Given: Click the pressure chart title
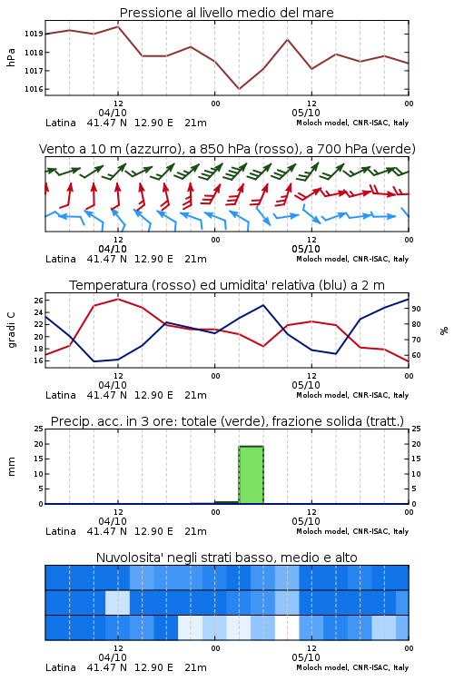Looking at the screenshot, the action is point(226,13).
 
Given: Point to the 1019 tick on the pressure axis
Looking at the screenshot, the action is point(34,34).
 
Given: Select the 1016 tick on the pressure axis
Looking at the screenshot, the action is point(34,90).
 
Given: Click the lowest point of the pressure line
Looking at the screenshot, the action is point(239,89).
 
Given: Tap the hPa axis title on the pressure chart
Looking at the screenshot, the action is point(11,57).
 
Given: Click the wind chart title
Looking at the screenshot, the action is point(227,149).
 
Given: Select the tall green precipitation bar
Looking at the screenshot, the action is point(252,475).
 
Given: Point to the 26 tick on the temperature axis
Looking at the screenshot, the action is point(38,301).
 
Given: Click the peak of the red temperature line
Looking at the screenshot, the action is point(118,299).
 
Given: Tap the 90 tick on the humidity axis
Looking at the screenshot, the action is point(416,309).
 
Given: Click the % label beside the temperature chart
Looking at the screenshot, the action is point(444,331).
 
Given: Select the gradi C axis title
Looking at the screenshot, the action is point(12,330).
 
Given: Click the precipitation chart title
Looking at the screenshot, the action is point(227,421).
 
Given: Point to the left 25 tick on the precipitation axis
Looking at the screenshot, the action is point(38,429).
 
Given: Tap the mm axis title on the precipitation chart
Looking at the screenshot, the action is point(12,467).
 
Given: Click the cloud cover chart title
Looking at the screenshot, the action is point(226,558).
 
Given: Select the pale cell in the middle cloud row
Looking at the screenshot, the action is point(118,602).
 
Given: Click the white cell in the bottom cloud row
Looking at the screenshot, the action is point(287,627).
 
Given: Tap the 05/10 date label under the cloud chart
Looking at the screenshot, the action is point(306,657).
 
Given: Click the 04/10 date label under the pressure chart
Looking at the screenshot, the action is point(113,113).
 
